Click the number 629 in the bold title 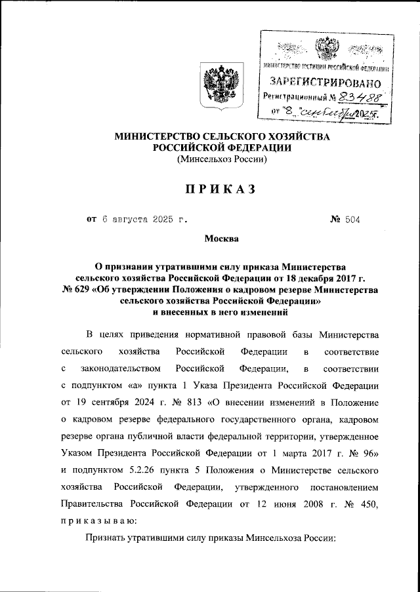click(87, 290)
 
